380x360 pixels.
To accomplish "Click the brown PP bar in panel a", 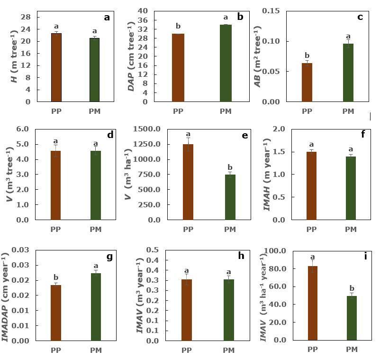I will click(x=56, y=67).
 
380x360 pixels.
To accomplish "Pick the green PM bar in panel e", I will click(x=230, y=197).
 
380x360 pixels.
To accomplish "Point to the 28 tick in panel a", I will click(x=26, y=17).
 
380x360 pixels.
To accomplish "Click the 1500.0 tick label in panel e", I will click(x=147, y=129).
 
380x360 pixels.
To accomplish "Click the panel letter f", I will click(x=363, y=134).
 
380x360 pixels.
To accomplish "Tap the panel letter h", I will click(x=241, y=256).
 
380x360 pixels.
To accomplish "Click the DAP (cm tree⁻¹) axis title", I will click(x=131, y=56).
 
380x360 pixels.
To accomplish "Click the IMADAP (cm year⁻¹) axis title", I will click(x=6, y=296).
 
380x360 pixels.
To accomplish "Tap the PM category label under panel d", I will click(x=96, y=230).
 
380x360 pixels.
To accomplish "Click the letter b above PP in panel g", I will click(x=56, y=278).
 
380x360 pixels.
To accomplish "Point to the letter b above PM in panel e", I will click(x=230, y=167).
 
